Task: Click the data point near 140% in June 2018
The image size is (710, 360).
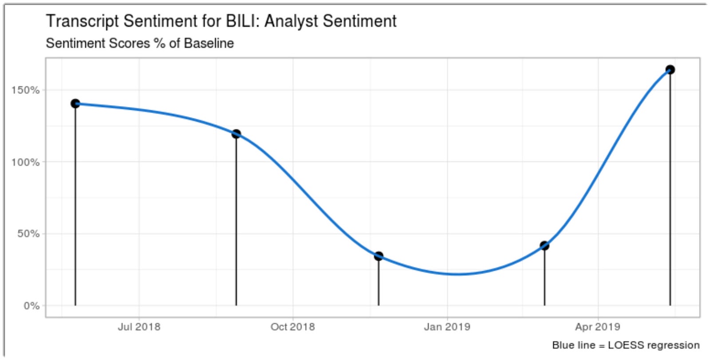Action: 75,103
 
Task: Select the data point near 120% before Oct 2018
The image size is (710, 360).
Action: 236,134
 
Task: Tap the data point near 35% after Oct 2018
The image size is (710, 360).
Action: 379,256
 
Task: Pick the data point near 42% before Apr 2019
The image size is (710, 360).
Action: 544,245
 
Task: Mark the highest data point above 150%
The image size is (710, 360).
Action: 670,70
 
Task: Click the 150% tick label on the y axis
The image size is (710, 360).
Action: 25,90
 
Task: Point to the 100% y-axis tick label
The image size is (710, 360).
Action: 25,162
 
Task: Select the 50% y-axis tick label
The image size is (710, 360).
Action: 28,234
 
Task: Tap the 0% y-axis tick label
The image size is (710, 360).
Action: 32,306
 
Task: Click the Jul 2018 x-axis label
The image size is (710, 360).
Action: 139,327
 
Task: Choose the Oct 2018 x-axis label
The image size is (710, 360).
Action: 292,327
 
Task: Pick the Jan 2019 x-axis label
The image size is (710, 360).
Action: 447,327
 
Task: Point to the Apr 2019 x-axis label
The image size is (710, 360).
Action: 597,327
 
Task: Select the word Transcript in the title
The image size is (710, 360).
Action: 83,21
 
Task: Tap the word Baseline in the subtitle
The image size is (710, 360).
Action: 209,44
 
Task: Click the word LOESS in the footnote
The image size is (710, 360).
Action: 626,345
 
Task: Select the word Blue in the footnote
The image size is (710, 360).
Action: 562,345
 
